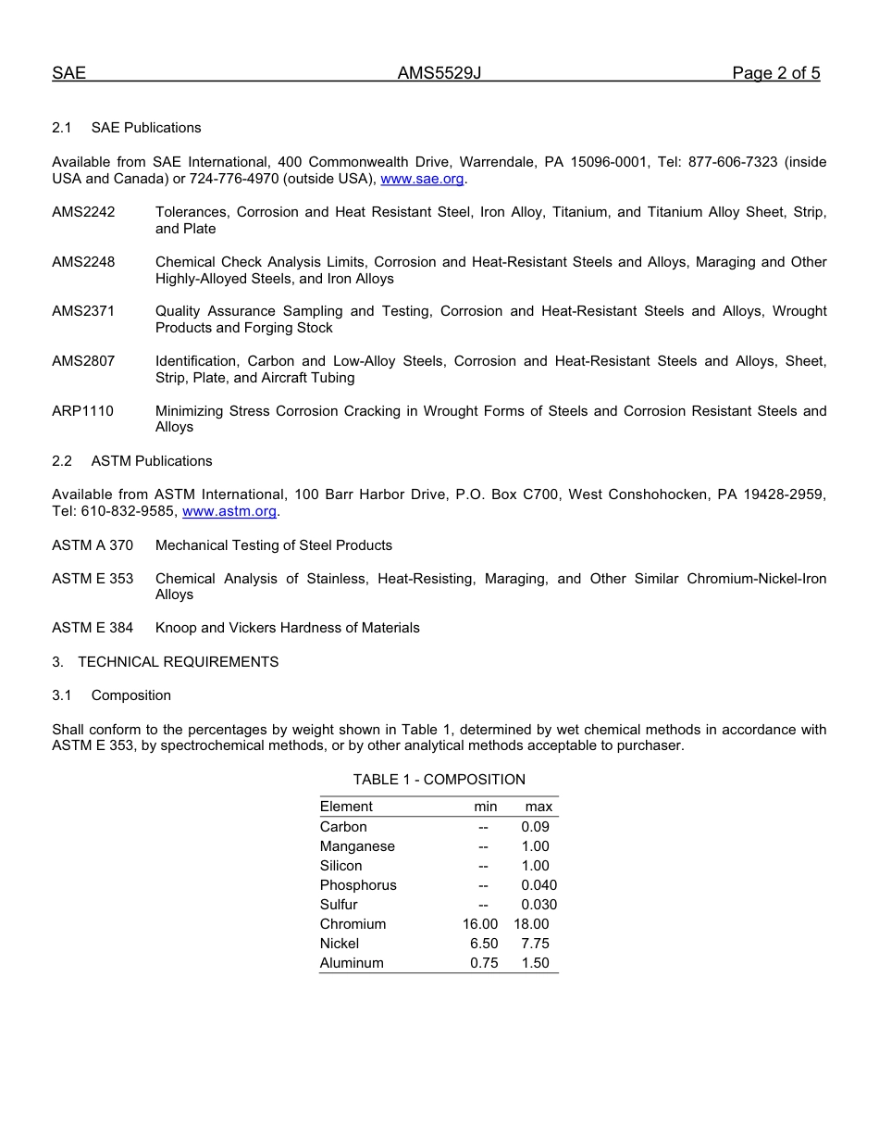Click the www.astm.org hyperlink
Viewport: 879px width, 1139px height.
229,511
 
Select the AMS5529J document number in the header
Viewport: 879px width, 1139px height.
439,74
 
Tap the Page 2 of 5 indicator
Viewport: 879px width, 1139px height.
775,74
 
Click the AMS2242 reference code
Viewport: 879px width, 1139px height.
83,212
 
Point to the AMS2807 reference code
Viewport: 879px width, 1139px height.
83,361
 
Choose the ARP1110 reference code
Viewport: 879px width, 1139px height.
82,411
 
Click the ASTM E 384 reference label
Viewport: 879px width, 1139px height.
93,628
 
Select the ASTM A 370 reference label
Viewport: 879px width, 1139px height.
93,545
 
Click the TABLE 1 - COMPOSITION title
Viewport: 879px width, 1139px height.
439,780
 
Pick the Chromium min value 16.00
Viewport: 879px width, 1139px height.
480,924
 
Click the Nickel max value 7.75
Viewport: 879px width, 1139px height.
535,944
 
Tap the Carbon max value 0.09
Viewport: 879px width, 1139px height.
535,827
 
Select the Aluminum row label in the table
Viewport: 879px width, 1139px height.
352,963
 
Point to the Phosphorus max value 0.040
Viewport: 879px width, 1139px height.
539,885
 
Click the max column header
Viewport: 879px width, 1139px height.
539,807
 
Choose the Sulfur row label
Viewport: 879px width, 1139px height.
339,905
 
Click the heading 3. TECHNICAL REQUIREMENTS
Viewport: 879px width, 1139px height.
165,662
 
